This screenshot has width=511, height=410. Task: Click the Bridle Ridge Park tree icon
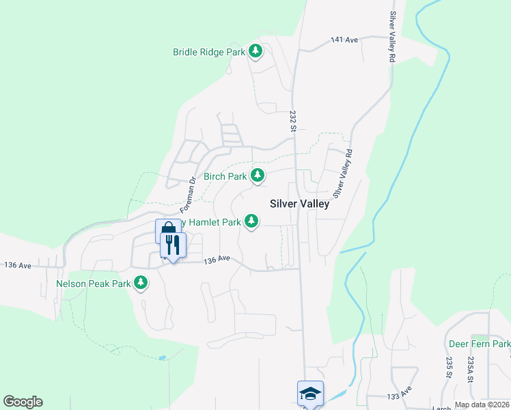(x=255, y=51)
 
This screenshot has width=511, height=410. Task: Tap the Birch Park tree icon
(x=257, y=176)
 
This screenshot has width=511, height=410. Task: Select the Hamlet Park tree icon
(x=252, y=221)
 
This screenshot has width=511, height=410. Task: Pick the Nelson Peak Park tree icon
(x=141, y=282)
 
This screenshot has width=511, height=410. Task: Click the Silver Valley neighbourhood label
(x=299, y=203)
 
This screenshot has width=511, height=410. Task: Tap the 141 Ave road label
(x=344, y=40)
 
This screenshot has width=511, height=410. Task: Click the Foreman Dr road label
(x=189, y=194)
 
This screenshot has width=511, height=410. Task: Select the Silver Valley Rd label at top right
(x=393, y=38)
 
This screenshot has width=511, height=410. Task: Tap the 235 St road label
(x=450, y=366)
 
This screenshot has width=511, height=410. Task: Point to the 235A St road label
(x=471, y=369)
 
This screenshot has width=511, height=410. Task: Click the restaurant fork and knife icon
(x=172, y=245)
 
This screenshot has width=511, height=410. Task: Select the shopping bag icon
(x=167, y=230)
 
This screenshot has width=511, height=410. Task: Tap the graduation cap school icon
(x=310, y=393)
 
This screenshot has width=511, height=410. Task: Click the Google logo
(x=23, y=402)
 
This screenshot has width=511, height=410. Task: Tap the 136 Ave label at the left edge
(x=18, y=264)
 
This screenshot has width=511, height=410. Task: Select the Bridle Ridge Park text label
(x=208, y=51)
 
